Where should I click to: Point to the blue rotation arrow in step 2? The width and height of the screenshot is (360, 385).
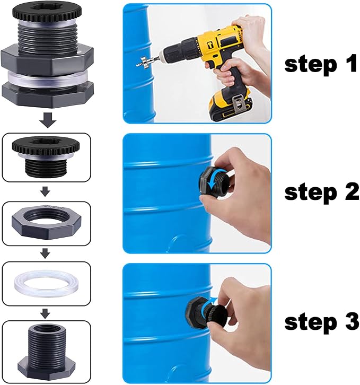click(211, 182)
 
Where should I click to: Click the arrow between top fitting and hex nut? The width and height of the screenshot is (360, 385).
click(47, 190)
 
